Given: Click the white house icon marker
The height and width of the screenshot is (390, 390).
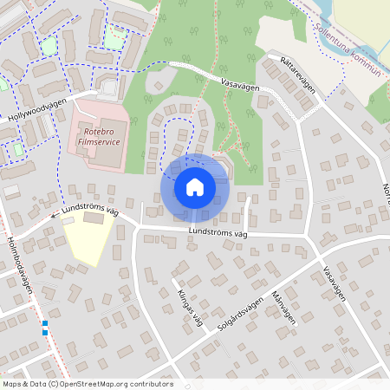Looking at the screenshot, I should point(194,187).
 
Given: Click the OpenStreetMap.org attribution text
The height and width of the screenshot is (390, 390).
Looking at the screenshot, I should point(113,384).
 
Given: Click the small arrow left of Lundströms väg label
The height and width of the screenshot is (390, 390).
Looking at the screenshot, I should point(54,214).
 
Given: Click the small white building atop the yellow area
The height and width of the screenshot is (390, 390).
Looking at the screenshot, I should point(68,220).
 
